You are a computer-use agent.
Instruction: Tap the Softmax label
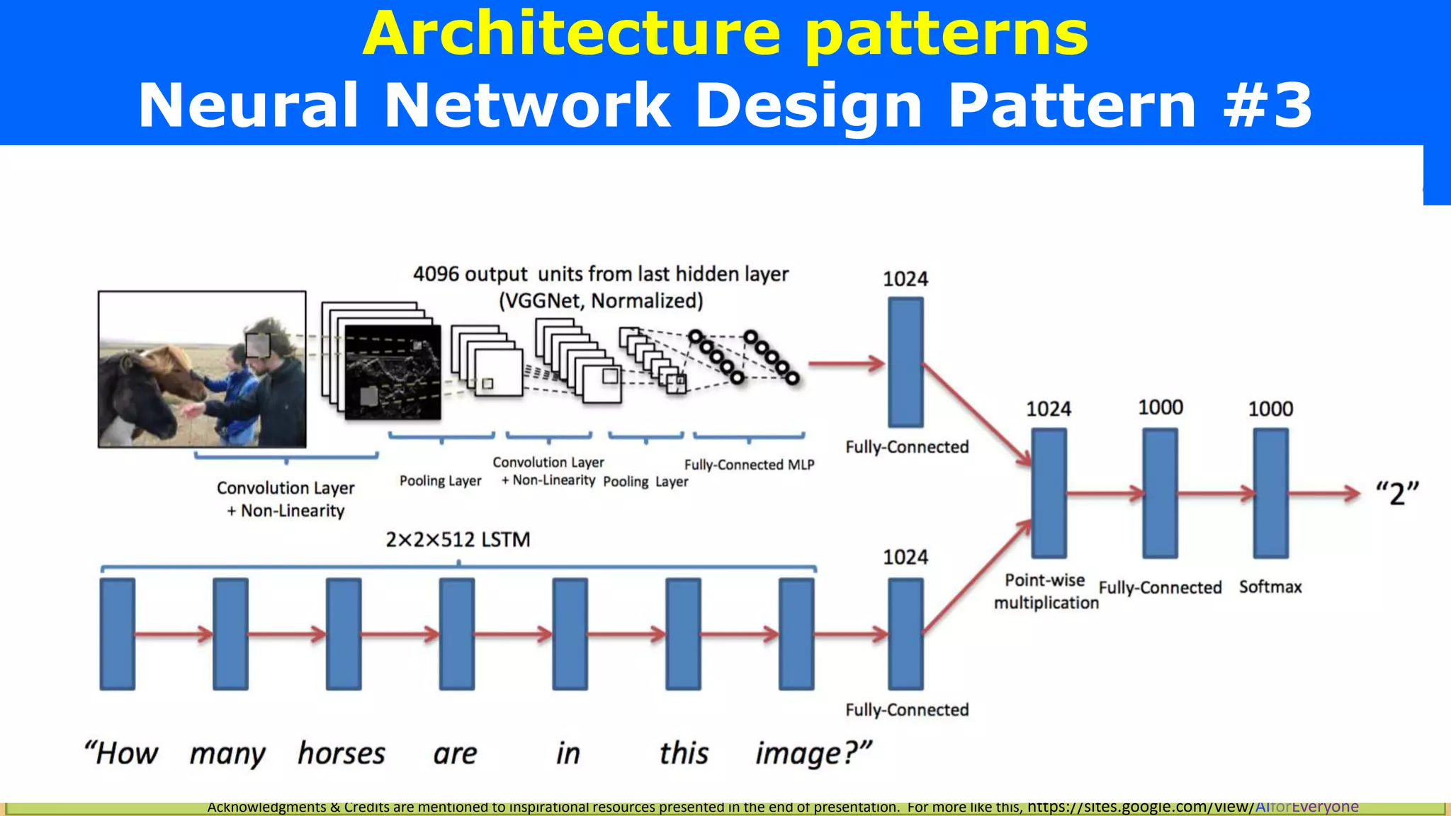[1270, 586]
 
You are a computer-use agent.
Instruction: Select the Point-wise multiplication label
[1046, 591]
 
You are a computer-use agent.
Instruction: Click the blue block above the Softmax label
[1270, 493]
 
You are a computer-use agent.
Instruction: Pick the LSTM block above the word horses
[344, 634]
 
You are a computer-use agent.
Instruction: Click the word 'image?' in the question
[813, 754]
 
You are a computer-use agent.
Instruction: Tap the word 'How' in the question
[122, 753]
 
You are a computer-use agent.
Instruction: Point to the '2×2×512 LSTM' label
[458, 540]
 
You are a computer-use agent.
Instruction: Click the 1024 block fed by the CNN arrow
[905, 362]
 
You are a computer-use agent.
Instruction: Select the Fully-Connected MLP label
[749, 465]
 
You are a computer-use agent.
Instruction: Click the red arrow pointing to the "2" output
[1323, 494]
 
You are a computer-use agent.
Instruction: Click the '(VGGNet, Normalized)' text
[601, 301]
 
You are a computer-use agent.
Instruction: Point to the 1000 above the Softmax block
[1270, 409]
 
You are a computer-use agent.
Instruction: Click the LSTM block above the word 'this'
[683, 634]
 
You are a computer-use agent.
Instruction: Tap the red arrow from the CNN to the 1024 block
[847, 364]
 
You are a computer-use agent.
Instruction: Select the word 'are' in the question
[455, 754]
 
